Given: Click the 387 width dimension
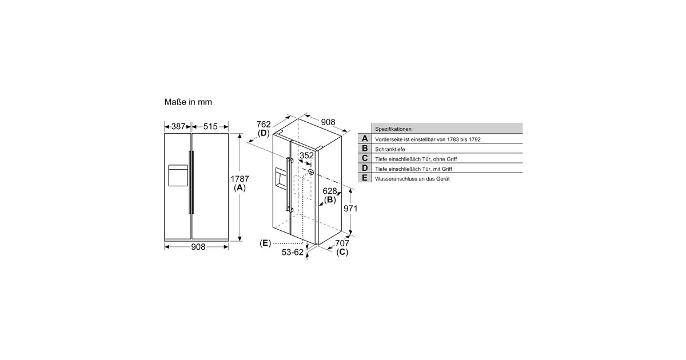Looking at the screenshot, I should tap(178, 126).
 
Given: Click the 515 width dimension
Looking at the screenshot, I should tap(210, 126).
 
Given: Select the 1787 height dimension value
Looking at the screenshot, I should tap(240, 179).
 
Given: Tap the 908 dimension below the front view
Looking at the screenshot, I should tap(198, 246).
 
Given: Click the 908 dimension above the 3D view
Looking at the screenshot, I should tap(328, 122).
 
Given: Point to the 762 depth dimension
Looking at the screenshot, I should tap(263, 124).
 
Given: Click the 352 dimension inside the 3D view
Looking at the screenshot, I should tap(306, 155).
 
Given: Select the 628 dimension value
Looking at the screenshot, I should tap(330, 191).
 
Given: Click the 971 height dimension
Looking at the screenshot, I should tap(350, 209).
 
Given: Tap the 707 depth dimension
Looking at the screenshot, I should tap(342, 243).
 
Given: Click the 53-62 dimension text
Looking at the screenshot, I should tap(292, 252).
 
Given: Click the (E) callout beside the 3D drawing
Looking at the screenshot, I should tap(265, 243).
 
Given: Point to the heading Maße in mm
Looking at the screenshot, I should tap(188, 102).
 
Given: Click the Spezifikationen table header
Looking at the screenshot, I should tap(393, 129).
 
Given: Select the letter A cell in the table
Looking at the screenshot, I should tap(365, 139).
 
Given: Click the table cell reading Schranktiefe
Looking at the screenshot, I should tap(390, 149).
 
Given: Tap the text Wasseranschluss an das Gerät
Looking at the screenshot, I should tap(412, 179).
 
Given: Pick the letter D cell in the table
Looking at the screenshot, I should tap(365, 169).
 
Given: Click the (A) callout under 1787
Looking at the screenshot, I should tap(240, 188).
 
